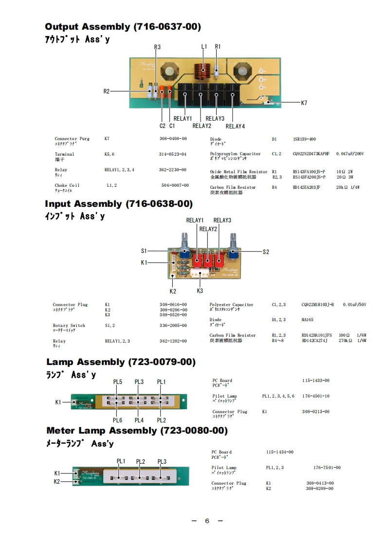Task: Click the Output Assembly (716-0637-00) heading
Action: click(123, 27)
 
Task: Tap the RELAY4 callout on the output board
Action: click(235, 127)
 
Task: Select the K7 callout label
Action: click(304, 103)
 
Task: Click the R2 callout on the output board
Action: click(107, 91)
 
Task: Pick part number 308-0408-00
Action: click(173, 139)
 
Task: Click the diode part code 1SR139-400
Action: click(304, 139)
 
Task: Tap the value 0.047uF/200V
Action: click(350, 154)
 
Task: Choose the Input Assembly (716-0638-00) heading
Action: click(119, 203)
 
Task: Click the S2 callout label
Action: click(266, 252)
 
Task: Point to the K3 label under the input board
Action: click(200, 291)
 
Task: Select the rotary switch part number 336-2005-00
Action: click(173, 326)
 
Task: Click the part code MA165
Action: click(308, 320)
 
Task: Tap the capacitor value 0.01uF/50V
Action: click(354, 305)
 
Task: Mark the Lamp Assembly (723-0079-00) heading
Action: click(121, 362)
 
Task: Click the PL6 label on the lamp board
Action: click(117, 420)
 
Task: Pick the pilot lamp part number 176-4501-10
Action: click(315, 396)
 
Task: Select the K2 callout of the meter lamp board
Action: click(57, 481)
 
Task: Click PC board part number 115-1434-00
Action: click(280, 452)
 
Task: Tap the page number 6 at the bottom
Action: click(207, 521)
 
